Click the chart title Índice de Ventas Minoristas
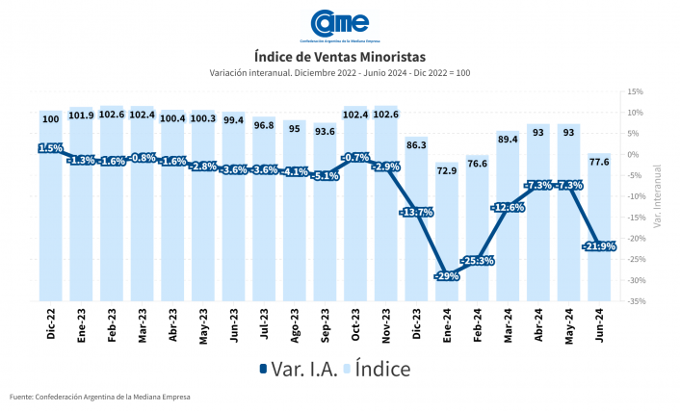click(x=339, y=57)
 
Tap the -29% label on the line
click(x=447, y=275)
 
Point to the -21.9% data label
click(x=599, y=246)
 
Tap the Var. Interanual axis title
click(x=657, y=196)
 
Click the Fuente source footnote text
click(x=100, y=397)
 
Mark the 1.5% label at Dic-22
click(x=51, y=148)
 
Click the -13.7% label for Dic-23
click(x=416, y=212)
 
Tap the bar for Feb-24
click(x=478, y=231)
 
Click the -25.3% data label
click(x=478, y=261)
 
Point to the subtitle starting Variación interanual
click(x=339, y=73)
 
